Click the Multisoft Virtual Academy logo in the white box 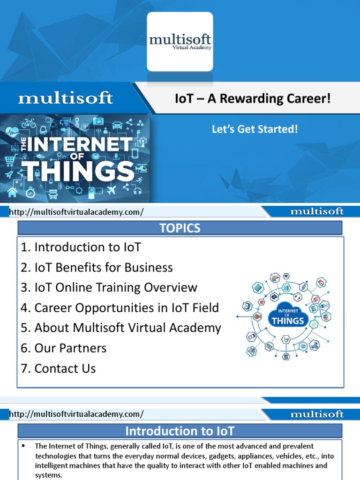pyautogui.click(x=180, y=42)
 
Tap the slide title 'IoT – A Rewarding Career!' pyautogui.click(x=253, y=99)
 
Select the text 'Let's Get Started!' pyautogui.click(x=255, y=128)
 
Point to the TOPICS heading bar pyautogui.click(x=180, y=228)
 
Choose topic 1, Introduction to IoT pyautogui.click(x=81, y=247)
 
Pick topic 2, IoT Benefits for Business pyautogui.click(x=97, y=268)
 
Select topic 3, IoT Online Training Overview pyautogui.click(x=109, y=288)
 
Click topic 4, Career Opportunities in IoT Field pyautogui.click(x=120, y=308)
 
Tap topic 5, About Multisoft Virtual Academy pyautogui.click(x=120, y=328)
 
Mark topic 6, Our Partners pyautogui.click(x=63, y=348)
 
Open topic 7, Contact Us pyautogui.click(x=58, y=368)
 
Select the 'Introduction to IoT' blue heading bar pyautogui.click(x=180, y=431)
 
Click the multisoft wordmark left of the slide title pyautogui.click(x=66, y=99)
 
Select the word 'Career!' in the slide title pyautogui.click(x=310, y=99)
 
